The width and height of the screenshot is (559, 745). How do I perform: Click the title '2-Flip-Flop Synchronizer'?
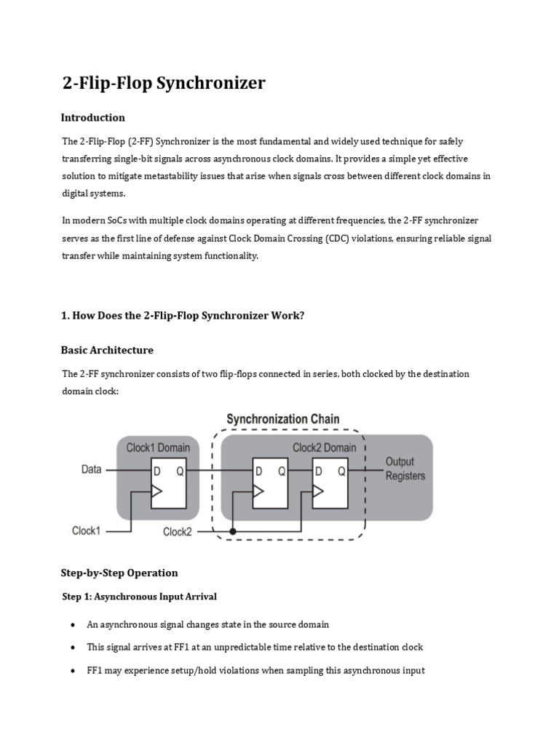click(163, 84)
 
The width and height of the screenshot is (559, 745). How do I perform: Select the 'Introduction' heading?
click(92, 118)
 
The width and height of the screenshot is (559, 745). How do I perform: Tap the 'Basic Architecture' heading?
click(107, 350)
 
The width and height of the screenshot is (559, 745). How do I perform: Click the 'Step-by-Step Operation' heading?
click(119, 573)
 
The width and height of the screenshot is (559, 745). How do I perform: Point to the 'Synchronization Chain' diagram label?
click(282, 419)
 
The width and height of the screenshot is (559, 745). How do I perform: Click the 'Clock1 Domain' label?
click(158, 447)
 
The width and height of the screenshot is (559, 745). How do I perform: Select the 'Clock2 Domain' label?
click(324, 447)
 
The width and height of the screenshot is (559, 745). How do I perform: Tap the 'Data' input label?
click(91, 470)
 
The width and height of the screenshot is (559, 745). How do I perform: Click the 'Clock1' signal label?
click(86, 530)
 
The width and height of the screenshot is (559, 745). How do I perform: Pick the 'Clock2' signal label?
click(178, 532)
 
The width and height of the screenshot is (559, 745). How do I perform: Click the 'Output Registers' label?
click(405, 469)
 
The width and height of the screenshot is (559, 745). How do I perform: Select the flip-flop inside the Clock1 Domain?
click(169, 483)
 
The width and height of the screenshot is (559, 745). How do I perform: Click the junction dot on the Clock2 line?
click(233, 532)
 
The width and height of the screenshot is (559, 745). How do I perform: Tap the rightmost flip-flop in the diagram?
click(329, 483)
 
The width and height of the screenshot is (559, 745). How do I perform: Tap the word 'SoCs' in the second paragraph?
click(114, 220)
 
